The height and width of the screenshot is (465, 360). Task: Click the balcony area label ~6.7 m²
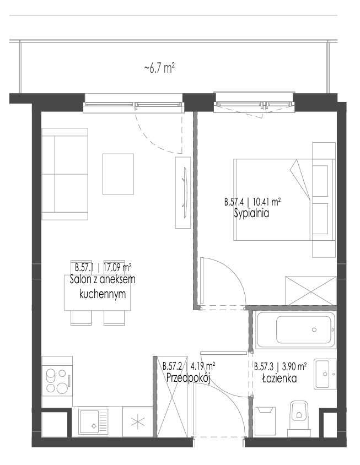pos(159,68)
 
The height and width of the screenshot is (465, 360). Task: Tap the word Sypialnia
pos(251,214)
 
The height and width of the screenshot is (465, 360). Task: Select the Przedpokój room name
pos(188,378)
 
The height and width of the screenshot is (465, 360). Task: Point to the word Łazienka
pos(280,379)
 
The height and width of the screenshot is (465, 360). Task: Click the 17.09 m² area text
pos(117,268)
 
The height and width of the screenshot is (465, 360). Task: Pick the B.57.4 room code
pos(234,202)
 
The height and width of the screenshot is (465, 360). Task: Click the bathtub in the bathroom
pos(296,329)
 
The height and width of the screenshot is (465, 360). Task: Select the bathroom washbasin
pos(325,374)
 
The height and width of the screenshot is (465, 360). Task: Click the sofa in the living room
pos(65,174)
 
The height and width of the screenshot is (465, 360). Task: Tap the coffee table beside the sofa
pos(118,174)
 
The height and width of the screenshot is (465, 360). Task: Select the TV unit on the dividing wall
pos(183,192)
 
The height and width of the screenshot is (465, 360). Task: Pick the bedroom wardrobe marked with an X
pos(310,290)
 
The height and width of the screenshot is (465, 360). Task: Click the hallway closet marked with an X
pos(172,397)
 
